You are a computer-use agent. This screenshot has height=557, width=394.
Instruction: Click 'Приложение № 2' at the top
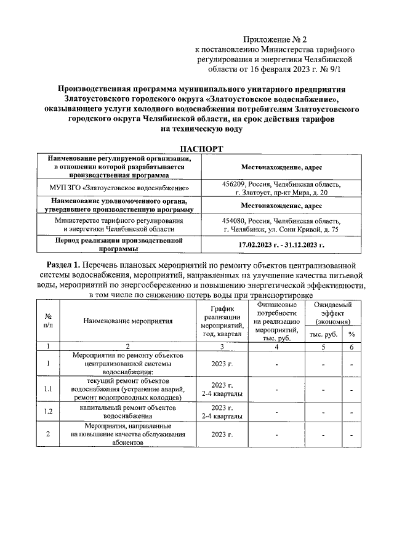tap(275, 38)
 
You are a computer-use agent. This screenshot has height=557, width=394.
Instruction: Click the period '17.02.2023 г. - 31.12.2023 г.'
tap(281, 245)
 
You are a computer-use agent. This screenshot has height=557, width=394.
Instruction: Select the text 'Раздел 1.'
tap(68, 264)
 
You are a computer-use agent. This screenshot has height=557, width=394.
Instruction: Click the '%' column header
tap(352, 334)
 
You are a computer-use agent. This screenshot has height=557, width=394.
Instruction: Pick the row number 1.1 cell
tap(48, 389)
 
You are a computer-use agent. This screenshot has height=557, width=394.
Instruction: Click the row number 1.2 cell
tap(48, 412)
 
